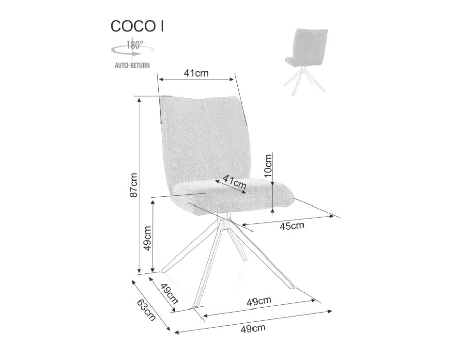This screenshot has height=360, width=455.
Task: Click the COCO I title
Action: tap(137, 26)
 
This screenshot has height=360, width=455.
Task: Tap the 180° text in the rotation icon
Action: tap(135, 45)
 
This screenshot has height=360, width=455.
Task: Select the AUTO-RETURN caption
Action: tap(132, 65)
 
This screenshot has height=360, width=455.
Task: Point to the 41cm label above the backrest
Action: tap(196, 73)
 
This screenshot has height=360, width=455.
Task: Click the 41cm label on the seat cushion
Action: tap(235, 182)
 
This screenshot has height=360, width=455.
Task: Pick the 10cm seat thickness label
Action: tap(268, 166)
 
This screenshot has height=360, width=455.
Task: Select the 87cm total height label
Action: tap(133, 185)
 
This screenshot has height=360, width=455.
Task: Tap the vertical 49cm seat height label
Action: tap(148, 239)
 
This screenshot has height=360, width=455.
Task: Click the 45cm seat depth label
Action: tap(292, 226)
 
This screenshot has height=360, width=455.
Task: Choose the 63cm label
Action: tap(146, 310)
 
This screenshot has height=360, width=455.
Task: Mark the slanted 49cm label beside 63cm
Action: tap(169, 293)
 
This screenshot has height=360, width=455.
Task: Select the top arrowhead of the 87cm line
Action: tap(139, 100)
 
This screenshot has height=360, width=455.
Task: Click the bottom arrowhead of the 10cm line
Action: tap(272, 210)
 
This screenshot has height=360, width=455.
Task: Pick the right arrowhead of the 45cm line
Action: tap(331, 216)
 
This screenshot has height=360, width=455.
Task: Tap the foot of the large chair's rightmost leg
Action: tap(292, 287)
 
